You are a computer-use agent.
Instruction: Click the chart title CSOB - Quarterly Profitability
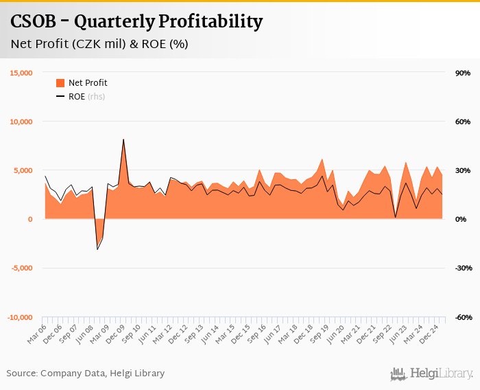pos(136,21)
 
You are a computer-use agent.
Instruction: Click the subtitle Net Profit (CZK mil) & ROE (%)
pos(99,44)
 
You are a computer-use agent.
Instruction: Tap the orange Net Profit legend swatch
pos(60,83)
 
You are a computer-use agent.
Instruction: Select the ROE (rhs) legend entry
pos(86,97)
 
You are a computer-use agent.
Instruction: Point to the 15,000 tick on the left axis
pos(21,73)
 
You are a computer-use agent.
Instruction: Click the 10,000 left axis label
pos(21,122)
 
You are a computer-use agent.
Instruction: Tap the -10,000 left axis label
pos(19,317)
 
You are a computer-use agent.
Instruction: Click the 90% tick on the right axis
pos(462,73)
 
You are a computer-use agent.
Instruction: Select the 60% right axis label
pos(462,122)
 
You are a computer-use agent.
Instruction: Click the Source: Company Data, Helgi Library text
pos(86,374)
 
